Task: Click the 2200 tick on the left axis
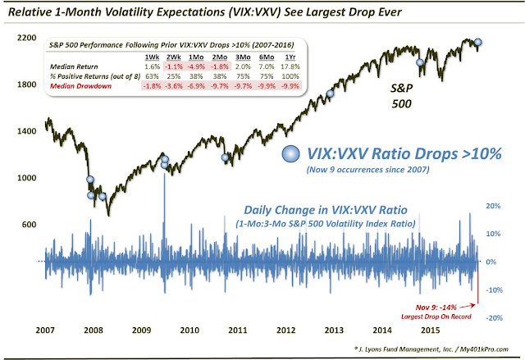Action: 22,39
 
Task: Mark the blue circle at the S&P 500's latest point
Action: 478,42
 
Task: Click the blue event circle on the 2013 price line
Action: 331,94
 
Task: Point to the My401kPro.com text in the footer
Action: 489,348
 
